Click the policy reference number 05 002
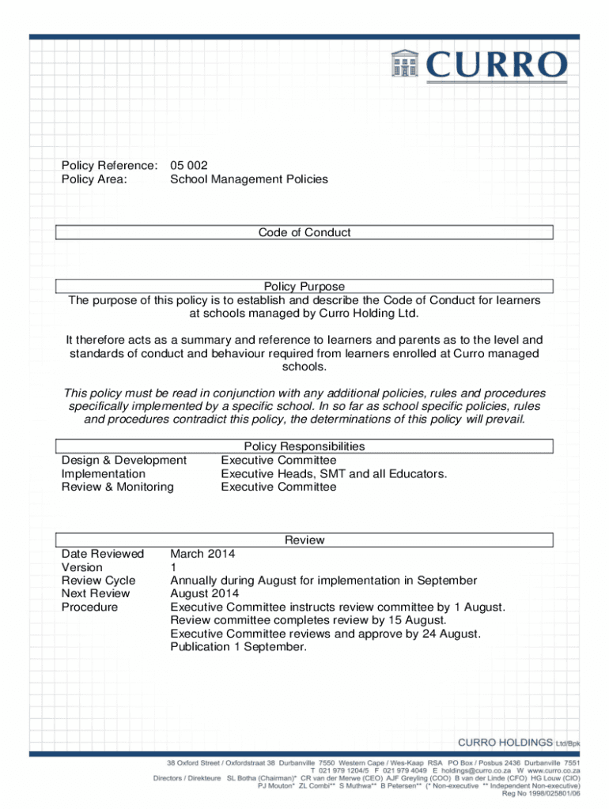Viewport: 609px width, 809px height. click(189, 165)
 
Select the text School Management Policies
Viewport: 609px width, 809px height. click(248, 179)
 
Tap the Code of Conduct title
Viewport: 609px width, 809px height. click(304, 232)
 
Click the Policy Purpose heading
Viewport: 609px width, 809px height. click(304, 286)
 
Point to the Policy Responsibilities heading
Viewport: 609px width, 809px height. click(304, 446)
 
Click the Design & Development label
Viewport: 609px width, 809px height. click(124, 460)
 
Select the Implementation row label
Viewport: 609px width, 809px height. click(104, 473)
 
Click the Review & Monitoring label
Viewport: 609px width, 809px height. click(117, 487)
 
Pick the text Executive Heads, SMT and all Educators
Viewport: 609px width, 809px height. click(334, 473)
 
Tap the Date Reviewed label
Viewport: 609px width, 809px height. click(103, 554)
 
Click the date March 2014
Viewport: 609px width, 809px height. click(202, 554)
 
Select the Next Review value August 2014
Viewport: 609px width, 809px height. click(205, 593)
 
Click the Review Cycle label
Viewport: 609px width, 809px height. click(99, 581)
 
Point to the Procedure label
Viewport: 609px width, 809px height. click(89, 607)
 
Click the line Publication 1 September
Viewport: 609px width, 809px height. click(238, 647)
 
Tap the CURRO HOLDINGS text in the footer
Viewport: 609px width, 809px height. click(505, 743)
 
